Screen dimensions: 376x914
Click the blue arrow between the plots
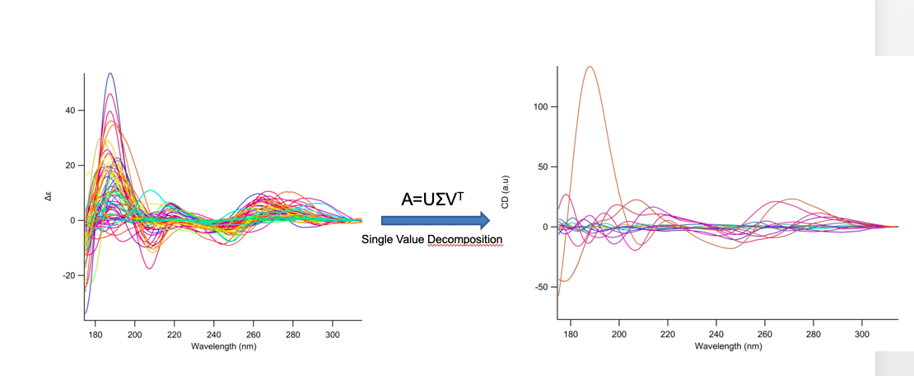click(x=435, y=220)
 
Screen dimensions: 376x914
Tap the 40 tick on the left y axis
click(x=70, y=110)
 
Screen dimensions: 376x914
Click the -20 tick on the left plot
click(x=68, y=275)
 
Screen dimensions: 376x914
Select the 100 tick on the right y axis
click(x=540, y=107)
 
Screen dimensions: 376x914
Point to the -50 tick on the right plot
click(x=541, y=287)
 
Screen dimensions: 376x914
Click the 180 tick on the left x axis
click(x=95, y=335)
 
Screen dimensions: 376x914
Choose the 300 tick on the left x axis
click(x=333, y=335)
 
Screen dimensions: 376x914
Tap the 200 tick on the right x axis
click(x=619, y=335)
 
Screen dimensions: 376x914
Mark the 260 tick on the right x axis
click(x=765, y=335)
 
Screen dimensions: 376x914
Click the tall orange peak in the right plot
click(x=589, y=68)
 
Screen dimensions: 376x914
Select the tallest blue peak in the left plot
click(x=110, y=74)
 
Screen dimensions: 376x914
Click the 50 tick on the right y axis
click(x=543, y=167)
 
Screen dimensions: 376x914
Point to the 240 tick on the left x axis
click(x=214, y=335)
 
